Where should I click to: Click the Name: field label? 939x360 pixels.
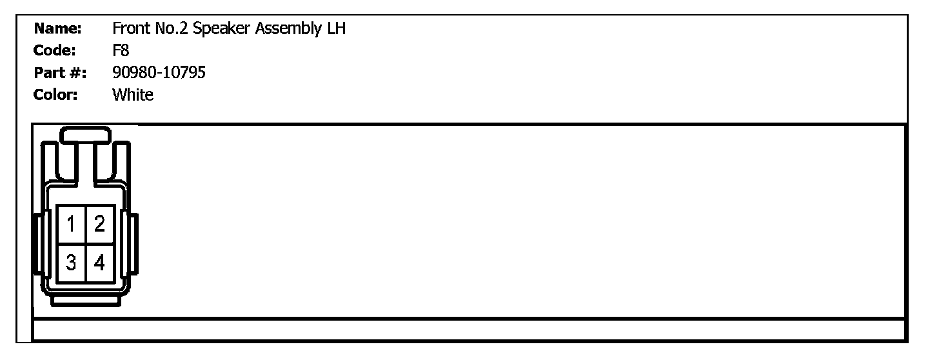57,29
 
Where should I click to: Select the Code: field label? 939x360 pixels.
55,51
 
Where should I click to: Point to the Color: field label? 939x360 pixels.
56,95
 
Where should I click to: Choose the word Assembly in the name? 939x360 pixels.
285,30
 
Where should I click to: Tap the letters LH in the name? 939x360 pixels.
336,29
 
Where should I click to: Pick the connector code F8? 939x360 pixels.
121,51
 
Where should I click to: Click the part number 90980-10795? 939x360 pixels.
159,73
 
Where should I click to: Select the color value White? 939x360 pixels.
133,95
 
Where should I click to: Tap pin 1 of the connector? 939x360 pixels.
71,225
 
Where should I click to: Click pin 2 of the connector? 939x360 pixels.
99,225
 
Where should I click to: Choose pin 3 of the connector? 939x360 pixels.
71,263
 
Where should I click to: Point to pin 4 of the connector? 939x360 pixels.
99,263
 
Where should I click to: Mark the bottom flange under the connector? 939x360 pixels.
85,300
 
